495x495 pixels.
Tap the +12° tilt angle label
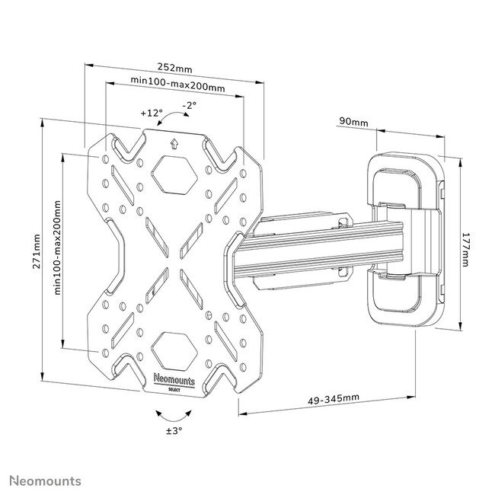click(152, 113)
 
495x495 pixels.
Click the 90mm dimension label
click(353, 122)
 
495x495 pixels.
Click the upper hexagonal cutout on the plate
click(173, 174)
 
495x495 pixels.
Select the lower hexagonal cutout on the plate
click(173, 348)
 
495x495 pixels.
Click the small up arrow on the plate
click(173, 141)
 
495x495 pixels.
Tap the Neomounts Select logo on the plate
click(173, 382)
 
